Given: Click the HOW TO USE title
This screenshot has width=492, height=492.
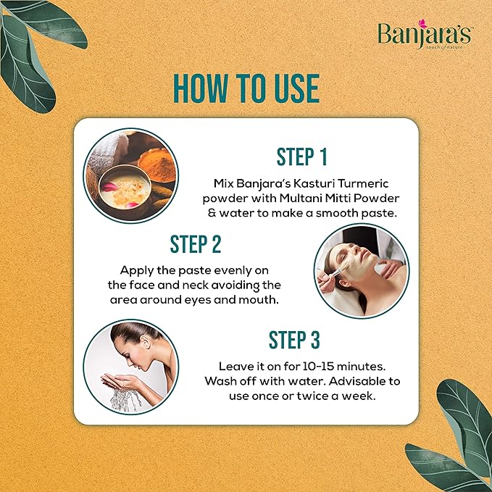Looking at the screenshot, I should [246, 88].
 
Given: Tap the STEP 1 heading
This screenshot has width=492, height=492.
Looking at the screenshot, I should [301, 157].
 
